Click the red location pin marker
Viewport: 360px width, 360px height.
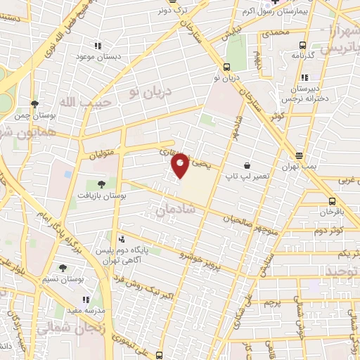click(181, 165)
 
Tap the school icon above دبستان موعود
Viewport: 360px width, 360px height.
click(96, 46)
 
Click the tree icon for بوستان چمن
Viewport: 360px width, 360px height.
click(35, 104)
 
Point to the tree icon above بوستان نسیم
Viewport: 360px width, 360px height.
click(63, 268)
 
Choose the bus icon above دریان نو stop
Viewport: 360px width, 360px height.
click(226, 67)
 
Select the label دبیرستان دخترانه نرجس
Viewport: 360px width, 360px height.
click(304, 94)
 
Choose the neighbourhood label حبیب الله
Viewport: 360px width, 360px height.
click(70, 104)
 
